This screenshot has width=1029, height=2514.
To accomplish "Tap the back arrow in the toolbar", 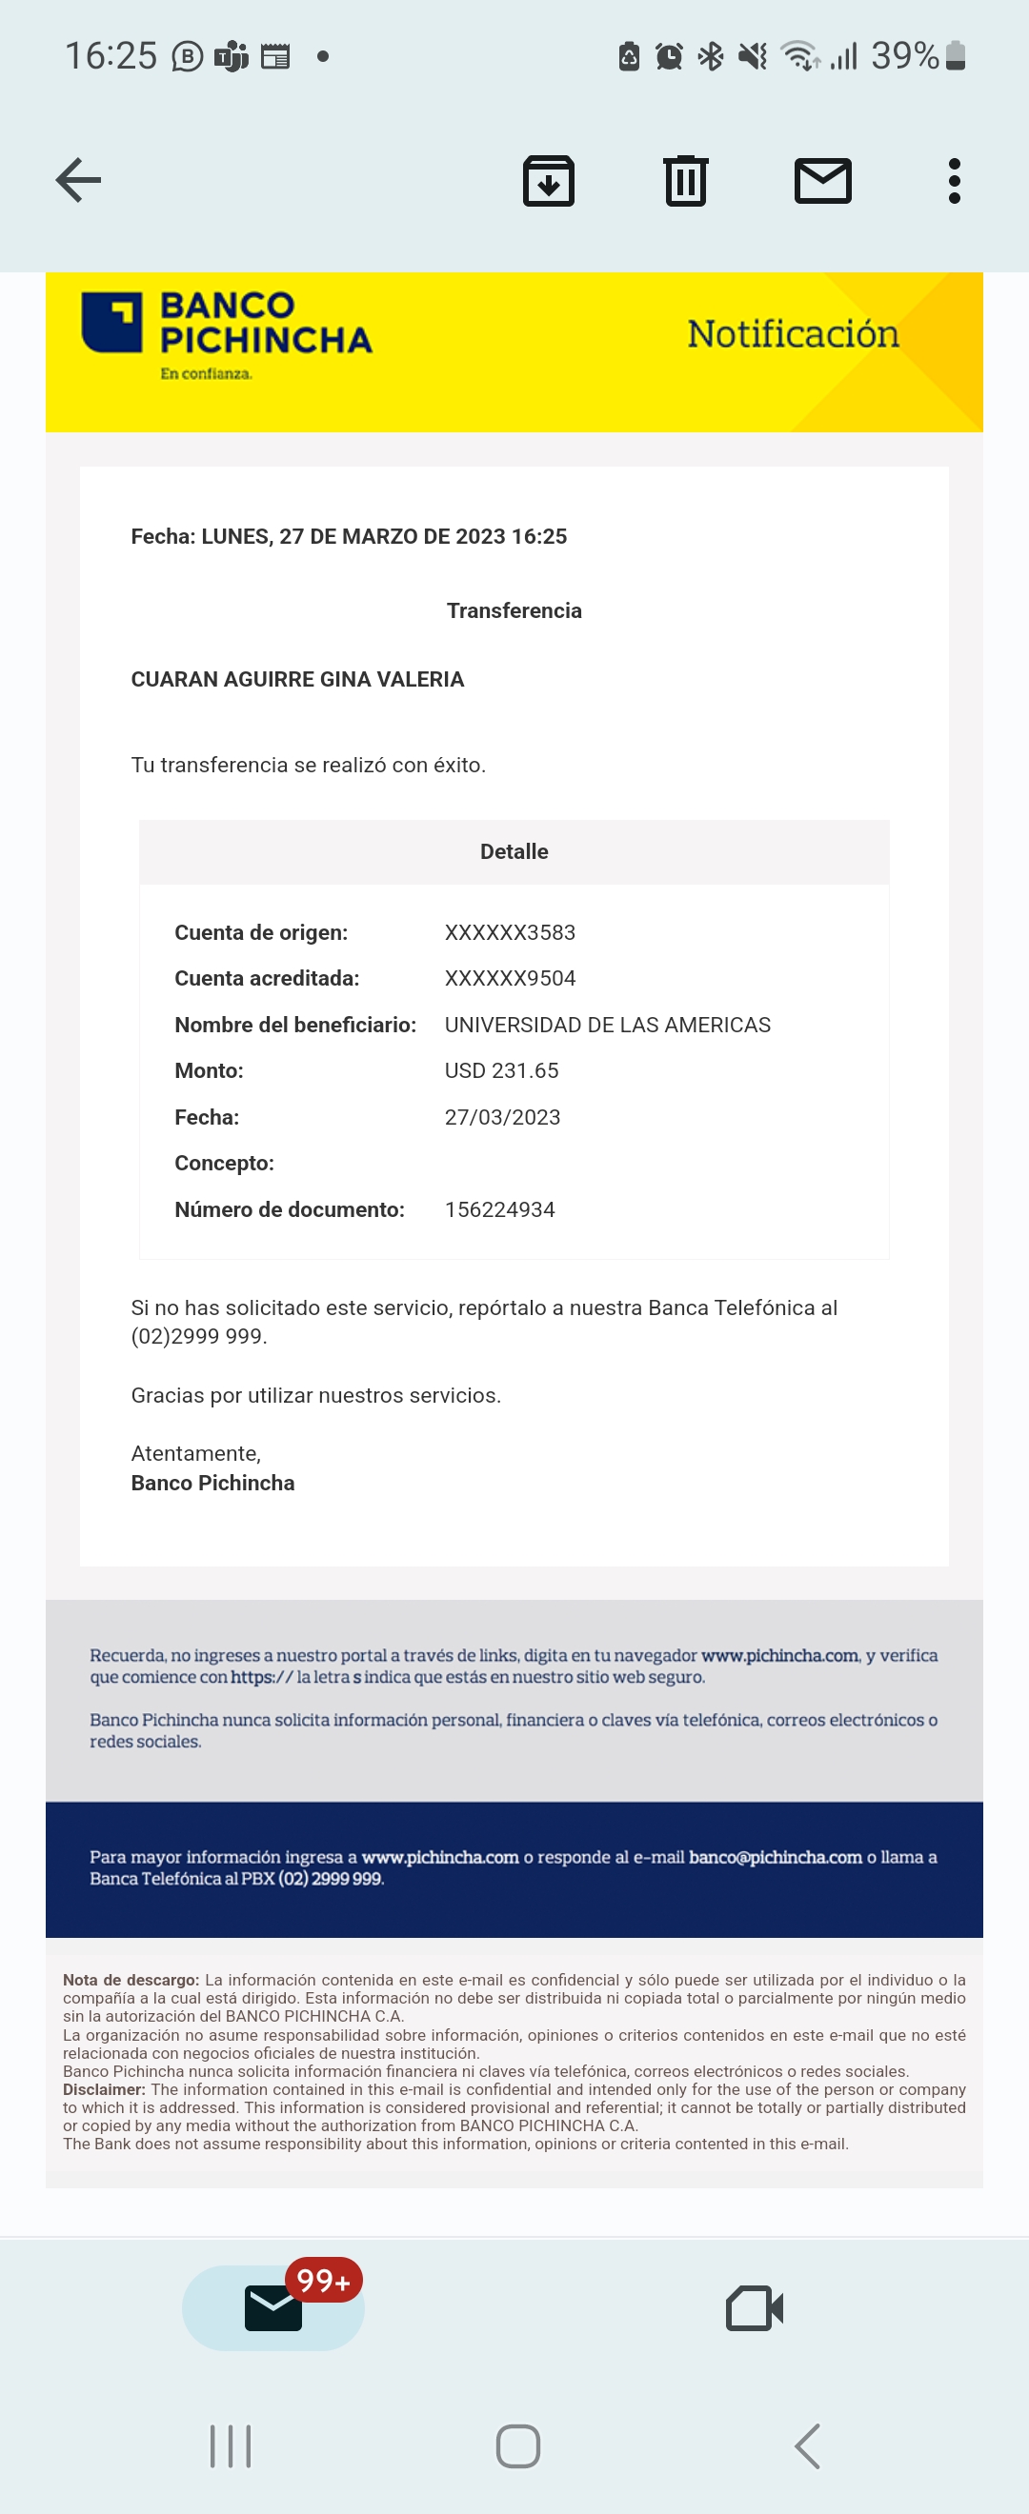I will tap(78, 181).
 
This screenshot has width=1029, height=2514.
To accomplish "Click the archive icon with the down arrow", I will tap(549, 181).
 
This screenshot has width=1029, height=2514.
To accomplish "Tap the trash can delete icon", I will tap(685, 181).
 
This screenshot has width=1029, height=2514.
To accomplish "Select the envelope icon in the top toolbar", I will tap(823, 181).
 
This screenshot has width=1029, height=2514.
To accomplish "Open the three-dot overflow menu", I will tap(954, 181).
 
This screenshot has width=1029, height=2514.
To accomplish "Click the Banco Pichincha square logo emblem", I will tap(112, 322).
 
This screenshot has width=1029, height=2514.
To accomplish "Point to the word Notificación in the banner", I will tap(793, 333).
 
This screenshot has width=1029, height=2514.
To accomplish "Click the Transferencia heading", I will tap(514, 611).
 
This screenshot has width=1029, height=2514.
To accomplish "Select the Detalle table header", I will tap(514, 852).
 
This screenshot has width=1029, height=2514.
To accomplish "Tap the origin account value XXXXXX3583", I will tap(510, 933).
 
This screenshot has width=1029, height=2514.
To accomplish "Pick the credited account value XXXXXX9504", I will tap(510, 979).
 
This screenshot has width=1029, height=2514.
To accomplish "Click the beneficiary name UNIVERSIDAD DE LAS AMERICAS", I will tap(607, 1025).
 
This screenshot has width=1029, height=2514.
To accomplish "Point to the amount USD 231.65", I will tap(501, 1070).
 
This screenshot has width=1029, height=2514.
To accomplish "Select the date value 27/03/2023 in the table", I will tap(502, 1117).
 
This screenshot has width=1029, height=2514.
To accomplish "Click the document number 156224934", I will tap(499, 1210).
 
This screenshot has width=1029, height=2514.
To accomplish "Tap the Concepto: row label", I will tap(224, 1164).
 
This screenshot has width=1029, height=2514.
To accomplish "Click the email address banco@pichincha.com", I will tap(776, 1857).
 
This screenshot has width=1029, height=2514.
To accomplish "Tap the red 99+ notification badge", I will tap(323, 2281).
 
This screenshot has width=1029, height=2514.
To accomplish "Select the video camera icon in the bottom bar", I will tap(754, 2309).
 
